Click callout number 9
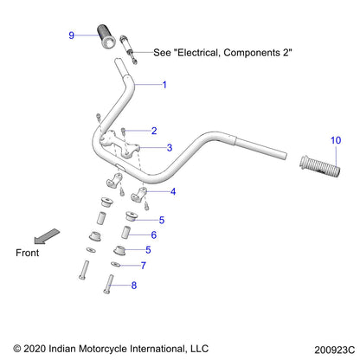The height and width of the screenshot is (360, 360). click(x=72, y=35)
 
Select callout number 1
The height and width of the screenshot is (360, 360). click(x=164, y=85)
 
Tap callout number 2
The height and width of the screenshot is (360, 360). click(x=153, y=131)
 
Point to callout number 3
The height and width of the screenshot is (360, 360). click(x=170, y=148)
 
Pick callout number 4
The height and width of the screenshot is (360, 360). click(x=173, y=191)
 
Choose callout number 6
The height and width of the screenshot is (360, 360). click(x=153, y=234)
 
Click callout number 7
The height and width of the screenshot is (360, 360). click(x=144, y=265)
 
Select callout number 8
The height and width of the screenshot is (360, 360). click(x=133, y=284)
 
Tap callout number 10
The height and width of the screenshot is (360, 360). click(x=336, y=139)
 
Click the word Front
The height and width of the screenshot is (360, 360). click(x=29, y=253)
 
